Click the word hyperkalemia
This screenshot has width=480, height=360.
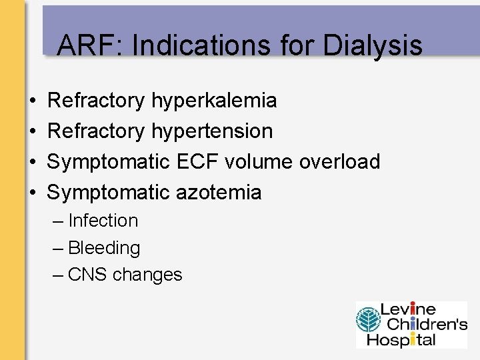pyautogui.click(x=214, y=101)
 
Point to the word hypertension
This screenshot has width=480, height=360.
pyautogui.click(x=212, y=131)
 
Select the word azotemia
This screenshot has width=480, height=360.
pyautogui.click(x=219, y=192)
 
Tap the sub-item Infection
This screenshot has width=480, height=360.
pyautogui.click(x=103, y=221)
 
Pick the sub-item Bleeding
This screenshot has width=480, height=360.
pyautogui.click(x=104, y=248)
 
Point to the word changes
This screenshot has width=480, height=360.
pyautogui.click(x=147, y=275)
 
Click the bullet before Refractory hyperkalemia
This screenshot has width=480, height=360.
pyautogui.click(x=33, y=101)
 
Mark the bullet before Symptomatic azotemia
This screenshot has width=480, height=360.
pyautogui.click(x=33, y=192)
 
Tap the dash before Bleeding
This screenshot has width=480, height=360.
pyautogui.click(x=58, y=248)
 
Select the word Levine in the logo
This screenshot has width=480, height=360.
pyautogui.click(x=408, y=310)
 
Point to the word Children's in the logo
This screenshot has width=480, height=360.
pyautogui.click(x=424, y=325)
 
